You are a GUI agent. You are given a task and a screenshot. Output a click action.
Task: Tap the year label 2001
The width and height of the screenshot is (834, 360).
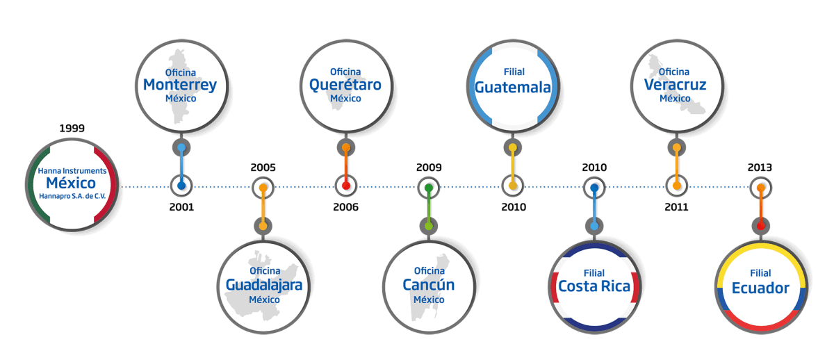pyautogui.click(x=181, y=207)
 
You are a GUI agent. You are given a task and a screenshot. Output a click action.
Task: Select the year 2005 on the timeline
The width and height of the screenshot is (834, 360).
pyautogui.click(x=263, y=167)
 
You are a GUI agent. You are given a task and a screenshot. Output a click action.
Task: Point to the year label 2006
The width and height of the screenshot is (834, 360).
pyautogui.click(x=346, y=207)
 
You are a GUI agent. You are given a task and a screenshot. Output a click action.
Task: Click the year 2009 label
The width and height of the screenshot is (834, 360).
pyautogui.click(x=429, y=167)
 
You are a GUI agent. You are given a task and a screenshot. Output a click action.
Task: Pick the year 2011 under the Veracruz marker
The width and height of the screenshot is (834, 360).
pyautogui.click(x=676, y=207)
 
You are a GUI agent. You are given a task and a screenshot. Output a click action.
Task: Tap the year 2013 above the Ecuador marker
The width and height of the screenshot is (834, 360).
pyautogui.click(x=760, y=167)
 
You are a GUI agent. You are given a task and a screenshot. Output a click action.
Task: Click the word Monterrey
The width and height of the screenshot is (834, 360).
pyautogui.click(x=180, y=85)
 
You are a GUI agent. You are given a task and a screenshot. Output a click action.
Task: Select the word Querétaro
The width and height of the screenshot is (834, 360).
pyautogui.click(x=345, y=85)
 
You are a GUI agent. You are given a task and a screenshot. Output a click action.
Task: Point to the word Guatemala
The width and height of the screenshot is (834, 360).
pyautogui.click(x=513, y=88)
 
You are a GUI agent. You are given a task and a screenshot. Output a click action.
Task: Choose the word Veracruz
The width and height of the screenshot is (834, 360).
pyautogui.click(x=675, y=85)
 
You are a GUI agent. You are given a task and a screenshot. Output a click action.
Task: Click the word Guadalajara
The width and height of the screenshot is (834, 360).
pyautogui.click(x=264, y=285)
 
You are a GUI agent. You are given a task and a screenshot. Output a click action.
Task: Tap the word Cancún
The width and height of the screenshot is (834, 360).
pyautogui.click(x=429, y=285)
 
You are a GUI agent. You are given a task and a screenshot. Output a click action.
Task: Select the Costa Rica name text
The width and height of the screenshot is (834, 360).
pyautogui.click(x=594, y=286)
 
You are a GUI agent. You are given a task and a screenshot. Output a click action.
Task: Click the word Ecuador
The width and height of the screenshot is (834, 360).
pyautogui.click(x=760, y=288)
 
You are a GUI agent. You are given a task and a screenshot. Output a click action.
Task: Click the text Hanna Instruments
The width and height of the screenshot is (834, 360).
pyautogui.click(x=71, y=170)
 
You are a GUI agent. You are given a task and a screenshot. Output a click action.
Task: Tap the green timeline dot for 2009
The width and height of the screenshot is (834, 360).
pyautogui.click(x=429, y=188)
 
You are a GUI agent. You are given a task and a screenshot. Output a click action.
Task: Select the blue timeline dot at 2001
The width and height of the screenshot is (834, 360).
pyautogui.click(x=181, y=186)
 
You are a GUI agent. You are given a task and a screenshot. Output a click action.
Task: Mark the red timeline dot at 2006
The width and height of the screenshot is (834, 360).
pyautogui.click(x=346, y=186)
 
